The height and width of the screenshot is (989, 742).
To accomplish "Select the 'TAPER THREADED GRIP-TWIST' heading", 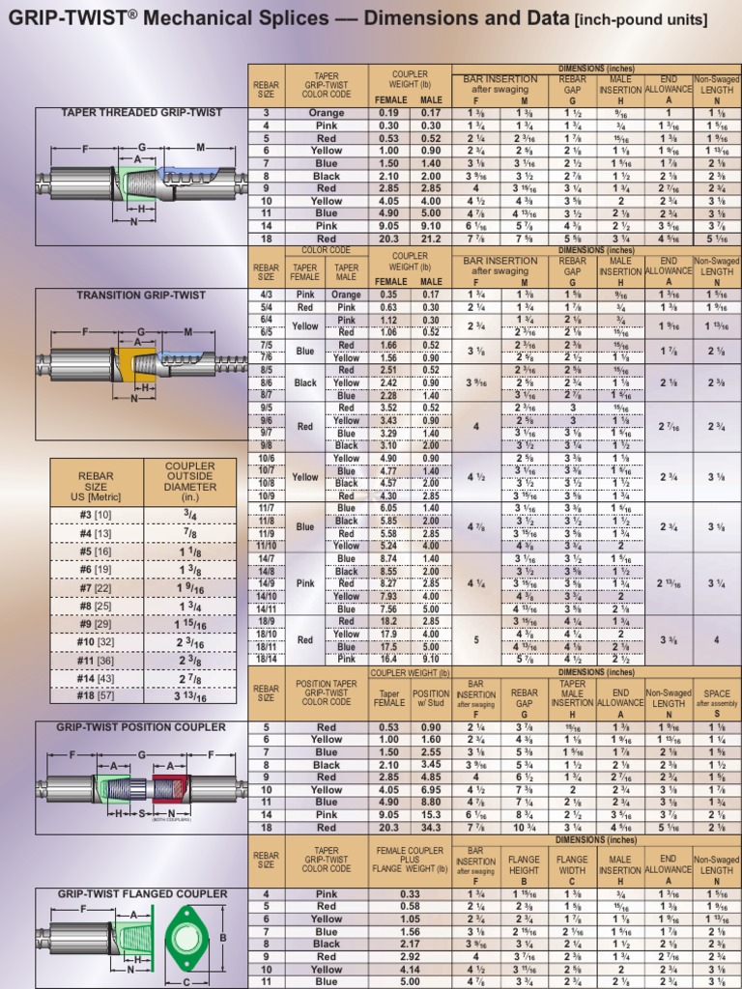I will pos(142,113).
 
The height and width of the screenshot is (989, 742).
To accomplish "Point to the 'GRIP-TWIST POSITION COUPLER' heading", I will pos(141,726).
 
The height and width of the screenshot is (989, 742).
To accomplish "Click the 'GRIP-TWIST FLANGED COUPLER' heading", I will pos(141,893).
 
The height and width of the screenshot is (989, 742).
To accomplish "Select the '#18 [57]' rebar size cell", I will pos(97,693).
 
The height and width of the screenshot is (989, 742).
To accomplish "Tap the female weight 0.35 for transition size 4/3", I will pos(388,295).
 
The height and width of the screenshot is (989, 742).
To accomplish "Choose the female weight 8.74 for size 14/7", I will pos(388,559).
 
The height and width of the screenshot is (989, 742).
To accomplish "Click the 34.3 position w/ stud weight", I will pos(431,828).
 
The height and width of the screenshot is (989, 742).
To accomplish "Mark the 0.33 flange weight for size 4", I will pos(410,893).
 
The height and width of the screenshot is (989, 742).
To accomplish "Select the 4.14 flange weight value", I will pos(410,969).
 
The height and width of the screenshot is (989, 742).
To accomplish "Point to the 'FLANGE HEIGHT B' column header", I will pos(523,864).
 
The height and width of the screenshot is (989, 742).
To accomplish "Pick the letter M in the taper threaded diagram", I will pos(200,147).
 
